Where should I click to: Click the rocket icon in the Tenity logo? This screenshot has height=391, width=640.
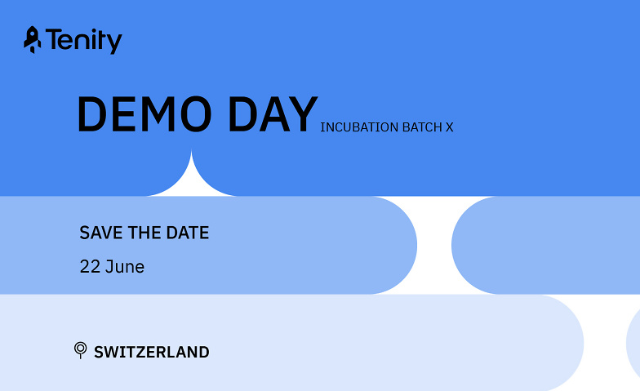tap(33, 40)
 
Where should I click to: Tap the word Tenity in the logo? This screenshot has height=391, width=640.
tap(83, 41)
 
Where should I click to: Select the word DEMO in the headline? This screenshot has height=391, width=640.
tap(144, 114)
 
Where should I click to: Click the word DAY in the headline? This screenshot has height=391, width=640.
tap(273, 114)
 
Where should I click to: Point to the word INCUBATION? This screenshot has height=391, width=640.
tap(359, 127)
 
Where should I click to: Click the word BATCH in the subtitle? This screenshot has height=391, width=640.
tap(422, 127)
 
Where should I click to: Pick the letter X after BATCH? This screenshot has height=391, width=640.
tap(449, 127)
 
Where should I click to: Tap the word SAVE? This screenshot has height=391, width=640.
tap(101, 233)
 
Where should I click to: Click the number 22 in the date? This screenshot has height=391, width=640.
tap(90, 267)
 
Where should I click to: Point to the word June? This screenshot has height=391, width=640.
tap(125, 267)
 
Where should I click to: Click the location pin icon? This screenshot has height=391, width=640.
tap(80, 349)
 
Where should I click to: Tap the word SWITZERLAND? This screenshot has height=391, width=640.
tap(152, 353)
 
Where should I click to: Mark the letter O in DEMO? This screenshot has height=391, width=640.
tap(196, 114)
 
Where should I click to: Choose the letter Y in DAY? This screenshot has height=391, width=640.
tap(303, 114)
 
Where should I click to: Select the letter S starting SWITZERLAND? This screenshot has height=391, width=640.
tap(100, 353)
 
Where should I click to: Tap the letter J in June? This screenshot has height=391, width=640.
tap(109, 267)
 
